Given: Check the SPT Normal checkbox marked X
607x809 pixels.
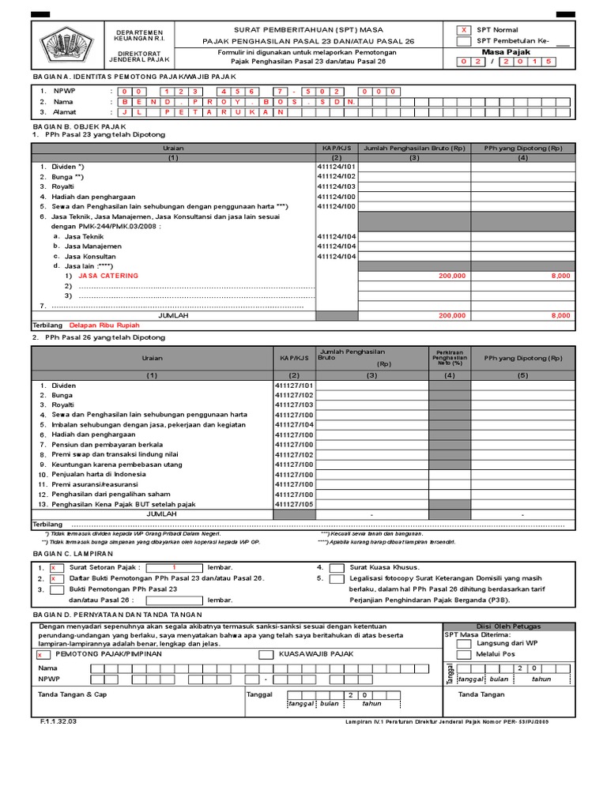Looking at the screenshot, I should click(x=465, y=30).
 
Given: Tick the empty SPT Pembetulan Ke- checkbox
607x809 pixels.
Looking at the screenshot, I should click(x=465, y=41).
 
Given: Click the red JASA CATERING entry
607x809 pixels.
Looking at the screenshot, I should click(x=107, y=276).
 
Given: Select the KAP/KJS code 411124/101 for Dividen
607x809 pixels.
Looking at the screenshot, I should click(x=337, y=167).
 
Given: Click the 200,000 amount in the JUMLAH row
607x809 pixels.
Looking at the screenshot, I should click(x=452, y=315).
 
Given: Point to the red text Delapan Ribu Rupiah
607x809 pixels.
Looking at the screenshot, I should click(x=104, y=325).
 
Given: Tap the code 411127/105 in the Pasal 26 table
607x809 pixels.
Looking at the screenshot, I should click(x=294, y=504).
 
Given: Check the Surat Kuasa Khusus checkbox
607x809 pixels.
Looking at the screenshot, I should click(x=337, y=567).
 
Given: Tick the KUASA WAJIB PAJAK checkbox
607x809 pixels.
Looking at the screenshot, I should click(x=266, y=654).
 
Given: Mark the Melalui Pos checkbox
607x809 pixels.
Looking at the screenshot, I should click(x=464, y=654).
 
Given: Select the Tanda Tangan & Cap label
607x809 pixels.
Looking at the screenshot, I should click(x=72, y=694).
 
